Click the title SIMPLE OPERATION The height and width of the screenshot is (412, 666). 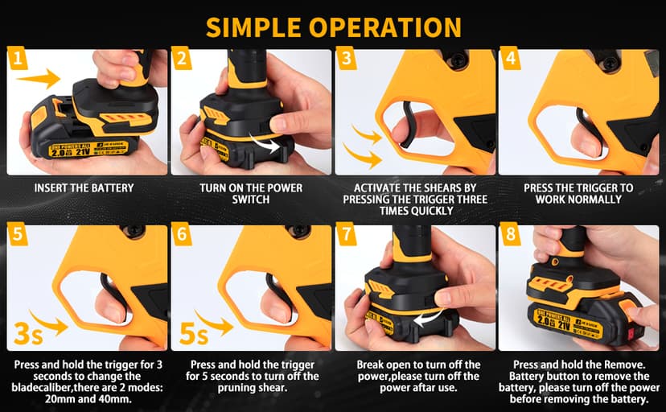[334, 27]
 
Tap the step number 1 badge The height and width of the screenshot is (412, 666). [18, 58]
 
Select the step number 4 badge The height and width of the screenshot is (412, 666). [511, 58]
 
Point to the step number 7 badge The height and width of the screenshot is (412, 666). [347, 234]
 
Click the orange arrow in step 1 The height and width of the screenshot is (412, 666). [39, 79]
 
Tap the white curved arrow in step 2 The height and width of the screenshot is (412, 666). [265, 143]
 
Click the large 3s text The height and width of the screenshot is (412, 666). [28, 333]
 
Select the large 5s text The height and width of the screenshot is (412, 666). [194, 333]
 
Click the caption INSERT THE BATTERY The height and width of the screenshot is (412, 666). [84, 187]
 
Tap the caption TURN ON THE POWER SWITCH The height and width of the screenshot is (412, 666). [251, 194]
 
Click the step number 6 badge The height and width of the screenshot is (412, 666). [182, 234]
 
